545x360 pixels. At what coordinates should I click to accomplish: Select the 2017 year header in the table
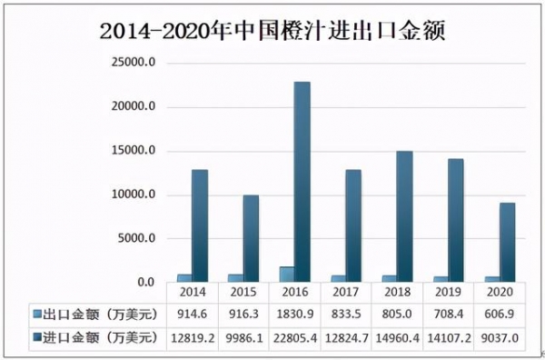pos(345,293)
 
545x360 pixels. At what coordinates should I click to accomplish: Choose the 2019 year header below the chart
pos(448,293)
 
